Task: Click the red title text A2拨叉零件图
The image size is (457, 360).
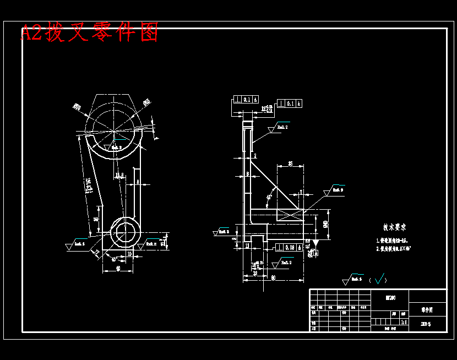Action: [90, 33]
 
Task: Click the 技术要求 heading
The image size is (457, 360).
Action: [395, 227]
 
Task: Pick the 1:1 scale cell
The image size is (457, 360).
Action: [404, 321]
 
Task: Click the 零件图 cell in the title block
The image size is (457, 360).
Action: [427, 310]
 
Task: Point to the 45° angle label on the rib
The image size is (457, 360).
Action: [269, 197]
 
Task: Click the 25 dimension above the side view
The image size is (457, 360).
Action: [290, 163]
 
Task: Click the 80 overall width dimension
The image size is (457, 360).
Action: [273, 278]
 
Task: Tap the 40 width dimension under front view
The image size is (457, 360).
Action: [118, 269]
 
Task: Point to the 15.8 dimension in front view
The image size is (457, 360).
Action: [119, 176]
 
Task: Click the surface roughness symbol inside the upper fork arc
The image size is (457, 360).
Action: [116, 148]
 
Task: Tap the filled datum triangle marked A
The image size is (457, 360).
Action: [316, 242]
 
